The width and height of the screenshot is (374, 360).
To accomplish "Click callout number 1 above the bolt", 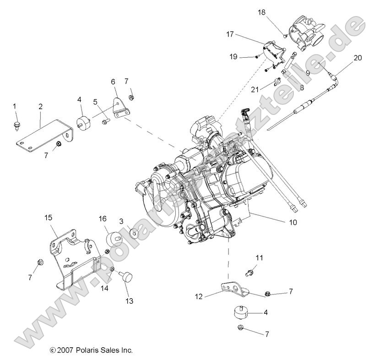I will (x=14, y=106).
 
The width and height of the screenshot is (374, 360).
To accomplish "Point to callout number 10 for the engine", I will (x=293, y=223).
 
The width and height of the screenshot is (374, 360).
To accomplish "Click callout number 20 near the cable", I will (x=358, y=58).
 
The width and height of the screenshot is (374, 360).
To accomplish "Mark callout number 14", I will (x=104, y=288).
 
